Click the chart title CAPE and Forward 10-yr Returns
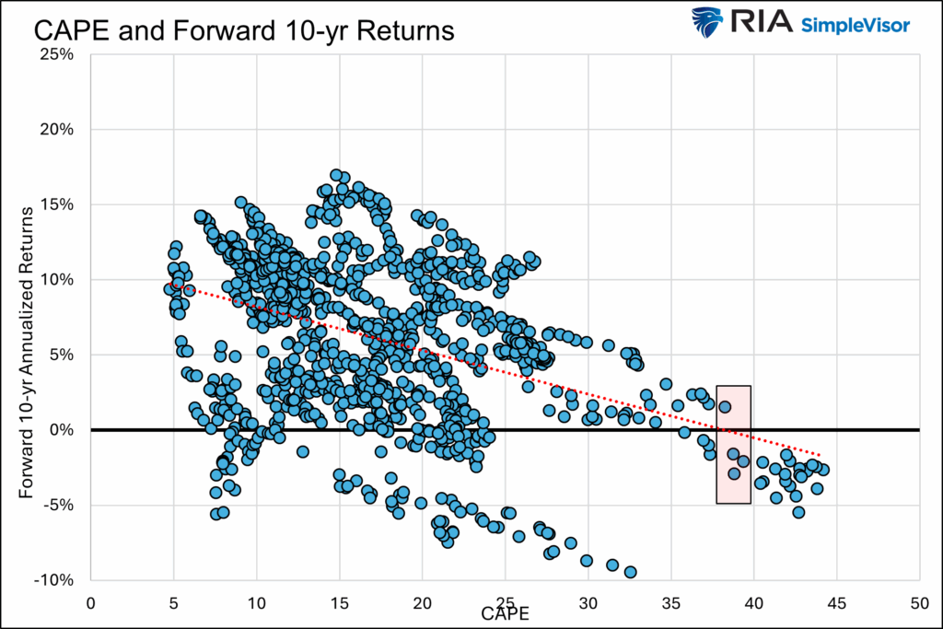pos(244,30)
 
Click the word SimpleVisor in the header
pos(856,24)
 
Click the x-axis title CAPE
pos(505,612)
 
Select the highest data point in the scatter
pos(336,175)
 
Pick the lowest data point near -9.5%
pos(630,572)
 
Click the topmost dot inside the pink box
pos(725,406)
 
